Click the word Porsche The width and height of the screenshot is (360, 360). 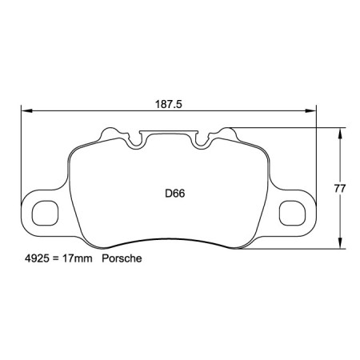(x=123, y=261)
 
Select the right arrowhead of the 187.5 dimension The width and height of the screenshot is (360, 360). (x=313, y=112)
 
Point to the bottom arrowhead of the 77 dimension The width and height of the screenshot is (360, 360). (x=342, y=244)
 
